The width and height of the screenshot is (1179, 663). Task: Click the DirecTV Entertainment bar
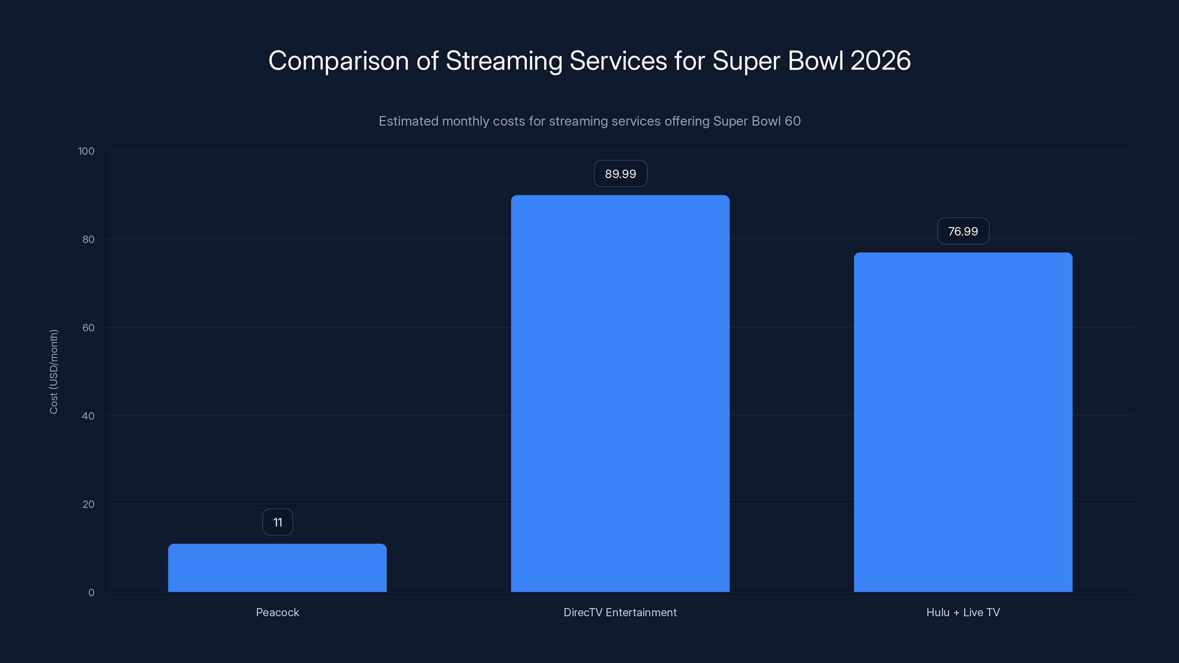point(620,393)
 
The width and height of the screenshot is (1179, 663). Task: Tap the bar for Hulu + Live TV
point(963,422)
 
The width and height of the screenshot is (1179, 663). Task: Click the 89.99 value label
point(620,174)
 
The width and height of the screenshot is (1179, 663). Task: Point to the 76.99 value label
point(963,232)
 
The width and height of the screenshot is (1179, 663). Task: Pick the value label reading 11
point(277,523)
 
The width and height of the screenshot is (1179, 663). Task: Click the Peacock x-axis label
point(277,612)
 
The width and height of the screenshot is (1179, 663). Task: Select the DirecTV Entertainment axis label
point(620,612)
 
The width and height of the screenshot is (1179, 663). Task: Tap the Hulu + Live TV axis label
point(963,612)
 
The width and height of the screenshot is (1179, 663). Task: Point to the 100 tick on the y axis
point(86,151)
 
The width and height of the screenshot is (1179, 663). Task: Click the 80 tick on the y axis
point(88,239)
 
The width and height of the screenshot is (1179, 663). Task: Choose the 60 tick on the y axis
point(88,327)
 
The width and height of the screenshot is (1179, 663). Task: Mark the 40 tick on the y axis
point(88,416)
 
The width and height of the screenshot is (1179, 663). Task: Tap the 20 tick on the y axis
point(88,504)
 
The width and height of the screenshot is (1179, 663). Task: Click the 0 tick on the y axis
point(91,593)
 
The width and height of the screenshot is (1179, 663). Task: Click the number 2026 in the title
point(881,60)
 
